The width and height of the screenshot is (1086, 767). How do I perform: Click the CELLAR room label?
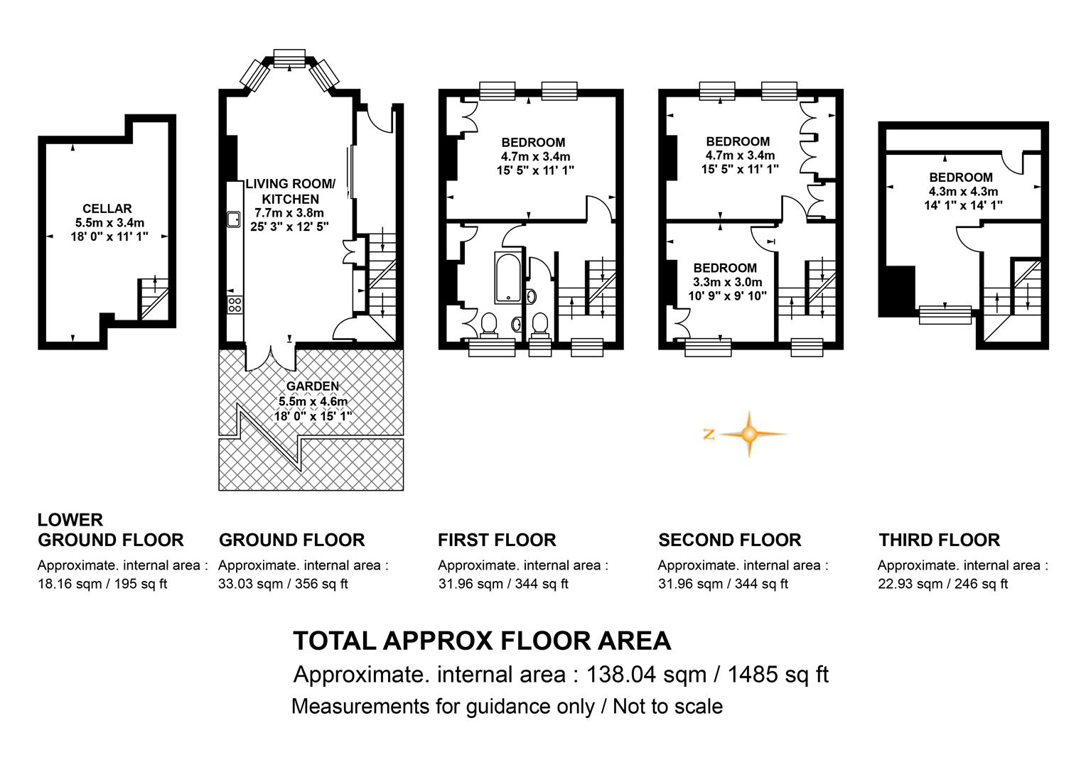(107, 208)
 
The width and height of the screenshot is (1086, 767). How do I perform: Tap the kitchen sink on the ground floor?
(234, 219)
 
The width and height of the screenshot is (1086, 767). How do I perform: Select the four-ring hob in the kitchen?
(235, 305)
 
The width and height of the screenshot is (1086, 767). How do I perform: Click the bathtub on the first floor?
(507, 277)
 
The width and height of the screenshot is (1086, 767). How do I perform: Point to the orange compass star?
(749, 434)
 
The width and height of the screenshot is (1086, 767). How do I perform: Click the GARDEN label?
(313, 386)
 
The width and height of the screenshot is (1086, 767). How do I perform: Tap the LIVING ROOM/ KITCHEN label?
(290, 191)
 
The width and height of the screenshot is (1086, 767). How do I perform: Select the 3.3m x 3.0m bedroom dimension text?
(727, 281)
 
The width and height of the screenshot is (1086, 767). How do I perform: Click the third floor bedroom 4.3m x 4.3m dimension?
(963, 191)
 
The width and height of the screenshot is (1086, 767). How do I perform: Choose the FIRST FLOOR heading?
(497, 540)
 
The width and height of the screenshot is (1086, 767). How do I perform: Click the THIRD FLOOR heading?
(939, 540)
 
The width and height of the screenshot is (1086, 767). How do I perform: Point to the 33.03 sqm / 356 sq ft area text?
(283, 584)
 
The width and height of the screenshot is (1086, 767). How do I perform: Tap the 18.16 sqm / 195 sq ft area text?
(102, 584)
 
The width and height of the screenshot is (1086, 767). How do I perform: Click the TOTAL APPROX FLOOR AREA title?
(482, 641)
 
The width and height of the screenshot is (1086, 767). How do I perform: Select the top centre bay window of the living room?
(289, 58)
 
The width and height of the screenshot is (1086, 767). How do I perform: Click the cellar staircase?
(154, 299)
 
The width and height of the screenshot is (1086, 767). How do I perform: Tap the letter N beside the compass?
(709, 434)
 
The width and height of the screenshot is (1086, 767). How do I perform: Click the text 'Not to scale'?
(667, 707)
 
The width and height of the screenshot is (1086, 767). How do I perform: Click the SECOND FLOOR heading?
(730, 540)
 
